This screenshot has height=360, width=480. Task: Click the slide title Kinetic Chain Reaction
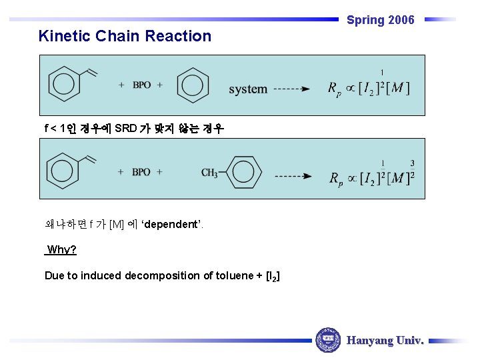[125, 36]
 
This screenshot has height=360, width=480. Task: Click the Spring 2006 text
[380, 20]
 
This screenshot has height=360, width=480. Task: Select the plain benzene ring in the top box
[193, 85]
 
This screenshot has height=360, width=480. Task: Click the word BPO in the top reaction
[141, 85]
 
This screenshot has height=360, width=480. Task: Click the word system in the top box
[248, 89]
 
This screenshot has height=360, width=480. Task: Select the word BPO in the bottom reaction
[141, 172]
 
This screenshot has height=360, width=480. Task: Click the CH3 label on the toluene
[209, 173]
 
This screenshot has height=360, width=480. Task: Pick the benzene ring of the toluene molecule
[243, 172]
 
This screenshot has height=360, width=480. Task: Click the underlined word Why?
[61, 250]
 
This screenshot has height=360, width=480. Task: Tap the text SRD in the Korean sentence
[125, 128]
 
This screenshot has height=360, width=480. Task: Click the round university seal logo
[327, 340]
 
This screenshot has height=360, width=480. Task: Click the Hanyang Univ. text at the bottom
[385, 341]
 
